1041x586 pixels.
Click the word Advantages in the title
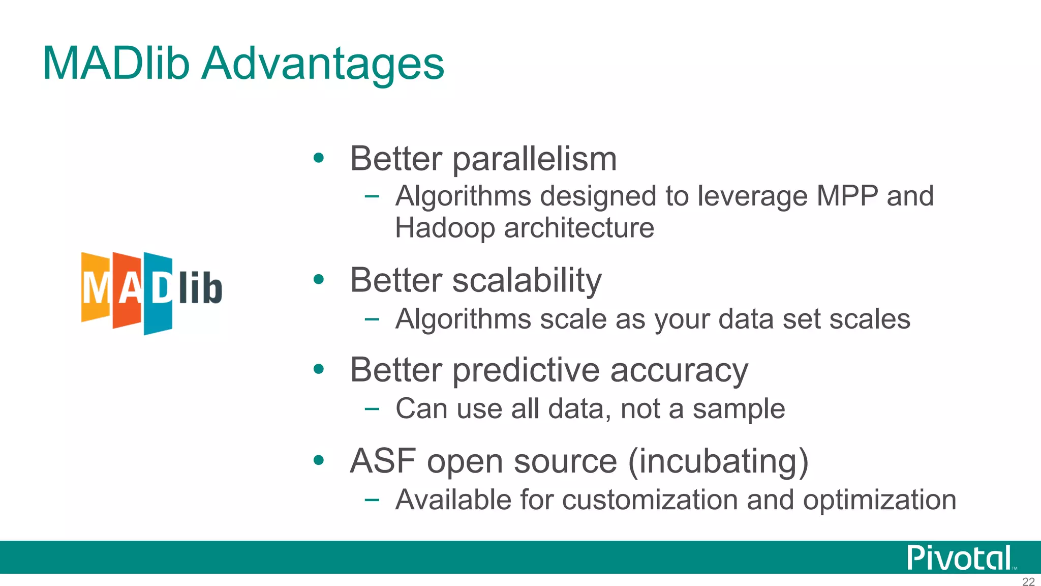[x=323, y=65]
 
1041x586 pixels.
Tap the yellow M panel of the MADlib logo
[x=95, y=288]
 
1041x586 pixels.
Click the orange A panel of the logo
[x=127, y=290]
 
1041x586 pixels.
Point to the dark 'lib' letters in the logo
[x=201, y=288]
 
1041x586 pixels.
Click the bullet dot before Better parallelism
[x=319, y=158]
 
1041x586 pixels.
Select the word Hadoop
[x=445, y=228]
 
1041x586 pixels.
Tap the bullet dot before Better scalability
[x=319, y=279]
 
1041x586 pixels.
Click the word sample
[x=739, y=409]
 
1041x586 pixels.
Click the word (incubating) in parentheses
[x=718, y=461]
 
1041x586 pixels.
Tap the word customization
[x=650, y=500]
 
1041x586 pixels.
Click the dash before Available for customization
[x=372, y=500]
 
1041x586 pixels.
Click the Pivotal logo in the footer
[x=959, y=558]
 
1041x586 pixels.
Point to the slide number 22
[x=1028, y=581]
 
